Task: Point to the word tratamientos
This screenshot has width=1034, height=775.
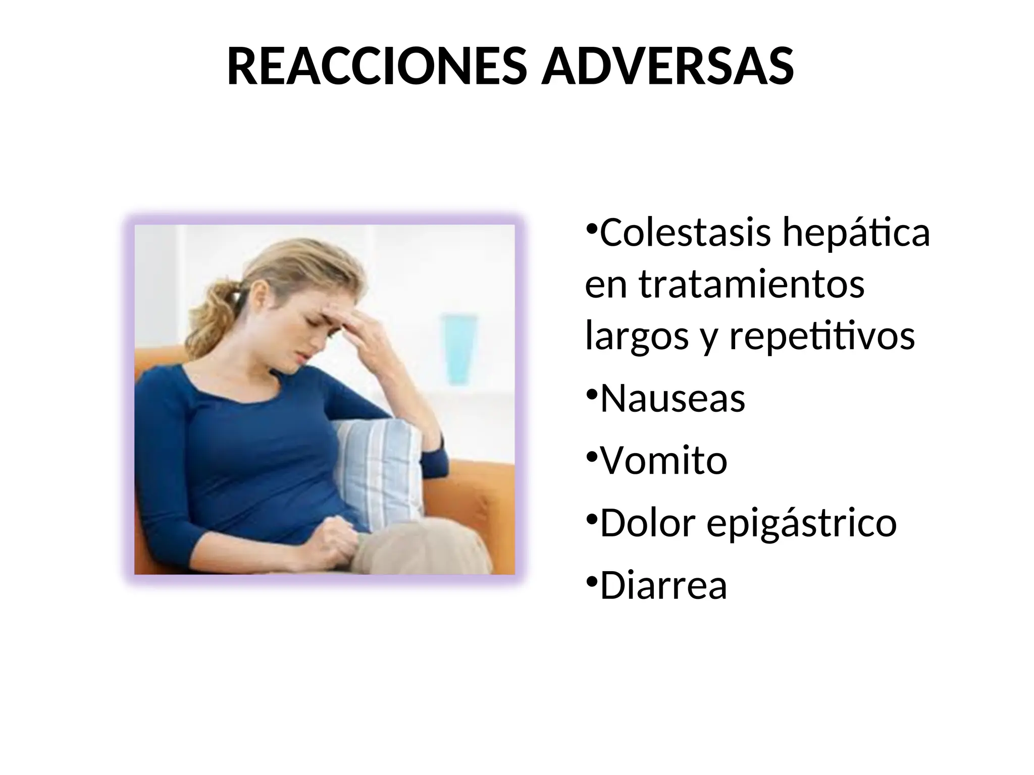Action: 752,285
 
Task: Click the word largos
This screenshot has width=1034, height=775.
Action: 637,337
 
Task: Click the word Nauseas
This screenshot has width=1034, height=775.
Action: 673,399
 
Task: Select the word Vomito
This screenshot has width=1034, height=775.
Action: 663,461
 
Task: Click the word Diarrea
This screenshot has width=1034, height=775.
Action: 663,585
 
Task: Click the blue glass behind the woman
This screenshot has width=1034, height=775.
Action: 460,348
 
